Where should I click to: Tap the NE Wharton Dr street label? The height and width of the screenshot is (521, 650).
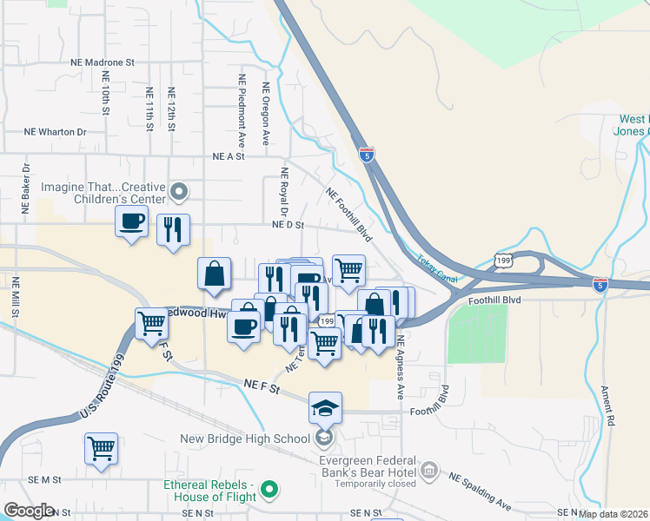56,132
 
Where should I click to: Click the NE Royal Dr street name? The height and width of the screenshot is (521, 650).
283,192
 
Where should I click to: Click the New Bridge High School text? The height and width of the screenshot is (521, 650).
244,439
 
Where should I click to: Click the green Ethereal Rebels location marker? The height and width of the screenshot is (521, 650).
269,491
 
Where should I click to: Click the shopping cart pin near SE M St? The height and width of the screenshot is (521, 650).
102,449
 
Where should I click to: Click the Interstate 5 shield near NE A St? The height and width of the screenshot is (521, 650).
368,155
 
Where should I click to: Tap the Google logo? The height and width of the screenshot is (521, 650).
30,511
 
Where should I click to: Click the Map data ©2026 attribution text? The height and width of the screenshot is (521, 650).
614,514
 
